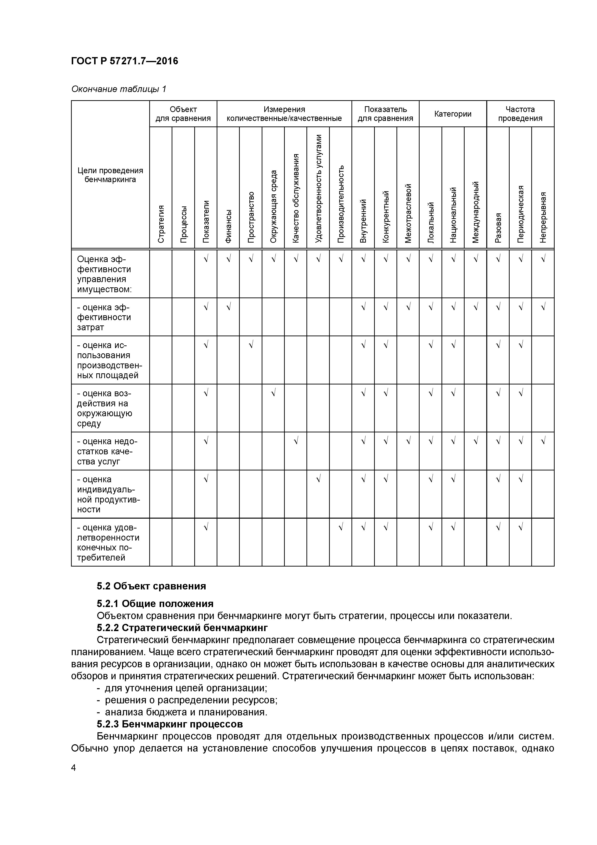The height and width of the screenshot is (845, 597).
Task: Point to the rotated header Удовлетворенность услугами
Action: point(318,188)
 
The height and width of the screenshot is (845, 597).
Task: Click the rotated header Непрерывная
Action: point(543,217)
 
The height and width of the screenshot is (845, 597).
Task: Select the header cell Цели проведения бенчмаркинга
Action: point(110,175)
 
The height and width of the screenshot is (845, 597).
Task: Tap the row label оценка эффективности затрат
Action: point(104,317)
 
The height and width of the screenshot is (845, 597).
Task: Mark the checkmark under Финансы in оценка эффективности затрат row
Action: point(228,306)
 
